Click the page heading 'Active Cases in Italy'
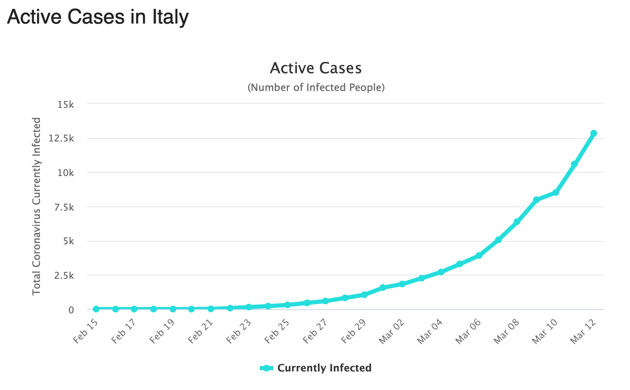coord(98,18)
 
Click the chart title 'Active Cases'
coord(315,68)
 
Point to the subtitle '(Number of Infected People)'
coord(315,88)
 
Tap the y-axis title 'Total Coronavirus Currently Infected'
coord(37,206)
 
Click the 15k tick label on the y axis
coord(65,104)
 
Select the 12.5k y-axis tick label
coord(62,139)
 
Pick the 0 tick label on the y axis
coord(71,310)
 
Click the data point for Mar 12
coord(593,134)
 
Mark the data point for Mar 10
coord(555,192)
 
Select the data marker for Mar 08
coord(517,222)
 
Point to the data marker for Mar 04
coord(441,272)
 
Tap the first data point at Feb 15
coord(96,309)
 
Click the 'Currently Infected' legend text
coord(324,368)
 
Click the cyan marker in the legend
coord(267,368)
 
